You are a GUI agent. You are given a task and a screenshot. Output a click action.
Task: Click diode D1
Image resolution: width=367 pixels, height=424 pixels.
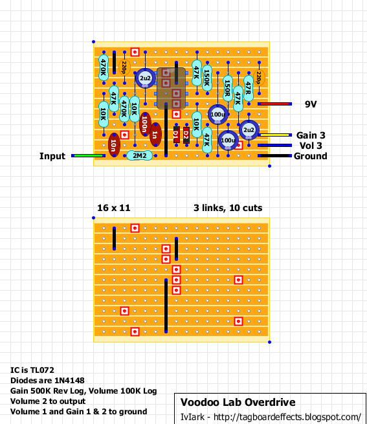click(176, 134)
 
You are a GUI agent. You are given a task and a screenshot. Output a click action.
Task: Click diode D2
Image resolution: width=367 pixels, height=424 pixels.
click(186, 134)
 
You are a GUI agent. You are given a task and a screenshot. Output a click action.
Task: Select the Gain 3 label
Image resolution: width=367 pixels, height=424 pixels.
click(311, 135)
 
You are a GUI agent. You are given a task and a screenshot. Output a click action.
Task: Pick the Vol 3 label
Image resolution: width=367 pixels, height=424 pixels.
click(311, 145)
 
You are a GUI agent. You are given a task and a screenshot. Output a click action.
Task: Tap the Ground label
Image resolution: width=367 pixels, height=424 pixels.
click(311, 155)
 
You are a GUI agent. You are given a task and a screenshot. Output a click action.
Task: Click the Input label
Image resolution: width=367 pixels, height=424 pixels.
click(52, 156)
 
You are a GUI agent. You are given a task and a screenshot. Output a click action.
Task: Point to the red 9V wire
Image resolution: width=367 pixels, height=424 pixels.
click(275, 104)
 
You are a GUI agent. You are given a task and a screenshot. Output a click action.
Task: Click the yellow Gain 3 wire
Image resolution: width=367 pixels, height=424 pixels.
click(275, 135)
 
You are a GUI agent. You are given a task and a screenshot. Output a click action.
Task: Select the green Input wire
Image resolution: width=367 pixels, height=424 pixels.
click(87, 155)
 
